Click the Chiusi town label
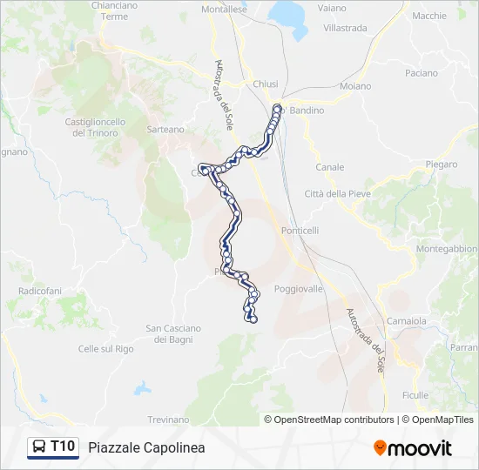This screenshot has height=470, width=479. (x=266, y=84)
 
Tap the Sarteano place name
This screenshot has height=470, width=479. (x=165, y=129)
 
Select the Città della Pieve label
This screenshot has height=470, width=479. (x=337, y=192)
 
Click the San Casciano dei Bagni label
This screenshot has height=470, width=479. (x=173, y=333)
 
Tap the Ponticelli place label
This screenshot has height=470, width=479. (x=300, y=230)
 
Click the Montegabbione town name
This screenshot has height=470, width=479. (x=447, y=249)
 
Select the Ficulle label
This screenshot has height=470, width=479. (x=415, y=395)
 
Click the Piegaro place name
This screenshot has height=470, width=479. (x=442, y=164)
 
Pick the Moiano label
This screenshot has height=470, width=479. (x=355, y=86)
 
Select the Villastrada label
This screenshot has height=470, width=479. (x=345, y=28)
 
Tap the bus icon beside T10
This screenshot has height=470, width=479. (x=39, y=446)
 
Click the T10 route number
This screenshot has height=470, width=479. (x=63, y=446)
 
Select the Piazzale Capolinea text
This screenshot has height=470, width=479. (x=146, y=447)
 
